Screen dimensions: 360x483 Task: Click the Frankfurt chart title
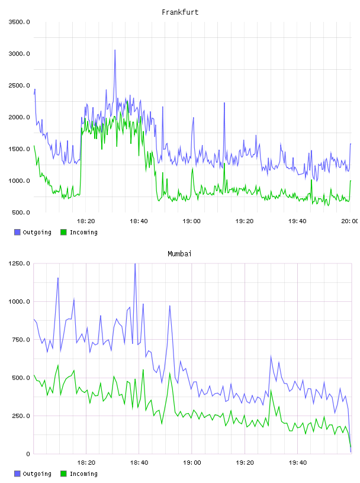(x=180, y=12)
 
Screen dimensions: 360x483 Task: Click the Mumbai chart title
(x=179, y=254)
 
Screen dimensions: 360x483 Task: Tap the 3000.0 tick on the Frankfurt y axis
(x=20, y=54)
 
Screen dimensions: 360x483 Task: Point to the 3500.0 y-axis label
(x=20, y=22)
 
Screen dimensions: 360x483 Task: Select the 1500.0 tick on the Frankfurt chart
(x=20, y=149)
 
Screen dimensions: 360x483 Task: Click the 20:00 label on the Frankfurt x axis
(x=350, y=221)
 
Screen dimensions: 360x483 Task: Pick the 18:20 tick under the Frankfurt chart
(x=86, y=221)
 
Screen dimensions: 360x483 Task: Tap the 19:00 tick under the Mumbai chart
(x=192, y=463)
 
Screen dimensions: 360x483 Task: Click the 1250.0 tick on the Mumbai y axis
(x=20, y=263)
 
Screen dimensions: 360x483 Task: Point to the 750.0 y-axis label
(x=21, y=340)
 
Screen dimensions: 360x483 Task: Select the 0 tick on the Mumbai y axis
(x=28, y=454)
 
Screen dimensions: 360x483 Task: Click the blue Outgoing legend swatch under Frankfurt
(x=17, y=232)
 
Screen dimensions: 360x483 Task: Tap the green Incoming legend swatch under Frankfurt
(x=63, y=232)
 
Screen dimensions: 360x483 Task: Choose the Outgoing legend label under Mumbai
(x=37, y=474)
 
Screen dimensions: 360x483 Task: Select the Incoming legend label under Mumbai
(x=83, y=474)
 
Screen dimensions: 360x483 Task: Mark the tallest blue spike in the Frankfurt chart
(x=115, y=50)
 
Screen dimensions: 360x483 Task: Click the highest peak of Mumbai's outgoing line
(x=135, y=264)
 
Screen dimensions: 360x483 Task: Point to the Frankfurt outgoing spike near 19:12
(x=224, y=103)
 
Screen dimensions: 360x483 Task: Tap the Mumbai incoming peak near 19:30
(x=271, y=390)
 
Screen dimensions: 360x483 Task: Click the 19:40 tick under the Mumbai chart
(x=298, y=463)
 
